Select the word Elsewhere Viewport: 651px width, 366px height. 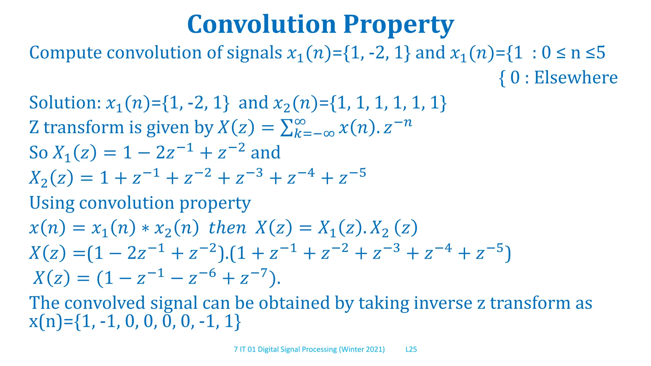(x=576, y=78)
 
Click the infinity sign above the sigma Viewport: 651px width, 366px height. (x=300, y=121)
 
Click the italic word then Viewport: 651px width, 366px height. (x=227, y=228)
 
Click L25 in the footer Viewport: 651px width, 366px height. (x=411, y=349)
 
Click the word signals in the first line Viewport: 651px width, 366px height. (x=254, y=53)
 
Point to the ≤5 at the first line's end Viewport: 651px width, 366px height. (x=595, y=53)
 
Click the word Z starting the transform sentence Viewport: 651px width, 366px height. (x=34, y=128)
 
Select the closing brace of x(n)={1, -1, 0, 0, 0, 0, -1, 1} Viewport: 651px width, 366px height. (x=237, y=322)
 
